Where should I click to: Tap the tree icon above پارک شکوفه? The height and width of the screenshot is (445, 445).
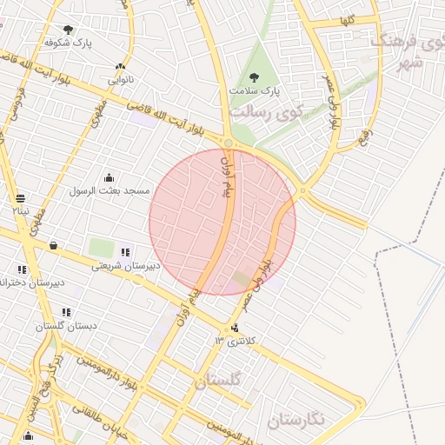pyautogui.click(x=68, y=30)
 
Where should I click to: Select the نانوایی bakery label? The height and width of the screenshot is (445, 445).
pyautogui.click(x=120, y=80)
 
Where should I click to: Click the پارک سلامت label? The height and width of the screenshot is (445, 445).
pyautogui.click(x=256, y=90)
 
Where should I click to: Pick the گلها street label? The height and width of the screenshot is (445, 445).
pyautogui.click(x=348, y=21)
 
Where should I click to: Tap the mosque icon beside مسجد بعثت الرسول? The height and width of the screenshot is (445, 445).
pyautogui.click(x=109, y=177)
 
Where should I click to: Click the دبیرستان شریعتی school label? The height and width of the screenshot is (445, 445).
pyautogui.click(x=125, y=266)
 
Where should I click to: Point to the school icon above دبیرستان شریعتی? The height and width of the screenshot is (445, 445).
pyautogui.click(x=126, y=252)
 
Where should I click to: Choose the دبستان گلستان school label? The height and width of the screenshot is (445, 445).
pyautogui.click(x=66, y=326)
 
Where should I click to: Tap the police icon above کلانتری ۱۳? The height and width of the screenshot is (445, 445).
pyautogui.click(x=236, y=329)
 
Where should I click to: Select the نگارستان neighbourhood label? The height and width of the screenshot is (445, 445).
pyautogui.click(x=296, y=420)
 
